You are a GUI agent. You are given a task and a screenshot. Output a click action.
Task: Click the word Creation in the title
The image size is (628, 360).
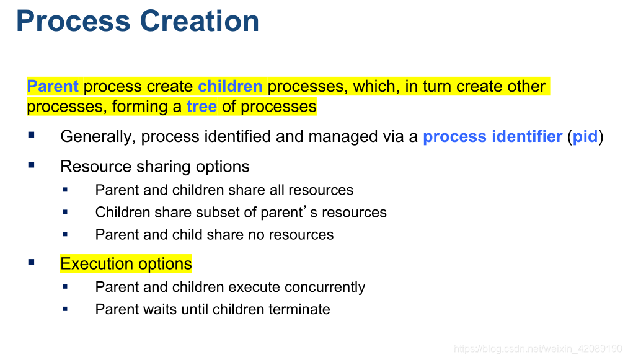pos(200,21)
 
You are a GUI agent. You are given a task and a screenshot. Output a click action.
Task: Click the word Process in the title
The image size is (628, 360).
pos(73,21)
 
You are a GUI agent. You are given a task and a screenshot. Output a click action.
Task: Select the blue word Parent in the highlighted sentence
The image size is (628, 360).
pos(53,86)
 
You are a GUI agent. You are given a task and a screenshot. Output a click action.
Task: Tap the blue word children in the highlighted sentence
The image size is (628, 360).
pos(230,86)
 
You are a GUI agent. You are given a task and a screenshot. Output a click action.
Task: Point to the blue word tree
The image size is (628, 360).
pos(201,107)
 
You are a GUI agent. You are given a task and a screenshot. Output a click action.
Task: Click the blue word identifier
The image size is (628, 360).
pos(527,136)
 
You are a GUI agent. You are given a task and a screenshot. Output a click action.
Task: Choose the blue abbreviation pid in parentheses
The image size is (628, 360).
pos(585,136)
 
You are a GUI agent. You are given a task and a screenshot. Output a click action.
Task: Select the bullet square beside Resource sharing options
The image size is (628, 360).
pos(31,165)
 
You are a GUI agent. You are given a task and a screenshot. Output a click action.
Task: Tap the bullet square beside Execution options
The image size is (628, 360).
pos(31,262)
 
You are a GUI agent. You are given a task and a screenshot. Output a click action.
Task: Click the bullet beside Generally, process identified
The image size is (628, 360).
pos(31,135)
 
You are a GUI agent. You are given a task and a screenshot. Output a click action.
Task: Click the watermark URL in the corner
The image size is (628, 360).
pos(538,348)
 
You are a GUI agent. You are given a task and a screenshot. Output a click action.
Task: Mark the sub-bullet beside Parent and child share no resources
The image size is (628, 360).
pos(65,234)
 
